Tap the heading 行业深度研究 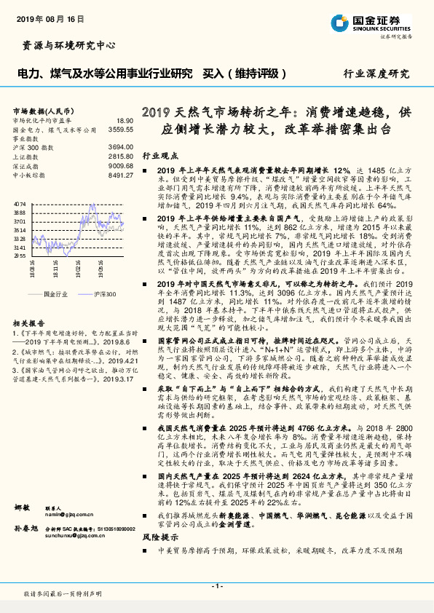[x=378, y=74]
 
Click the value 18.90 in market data [x=125, y=121]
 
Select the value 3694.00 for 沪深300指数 [x=121, y=147]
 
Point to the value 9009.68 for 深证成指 [x=121, y=165]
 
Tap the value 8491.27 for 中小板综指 [x=121, y=175]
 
